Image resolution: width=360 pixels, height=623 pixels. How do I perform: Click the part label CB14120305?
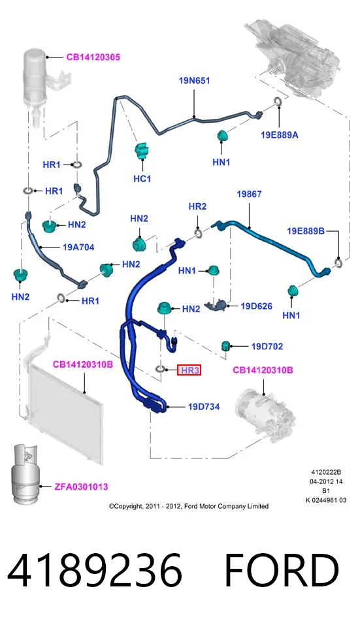93,57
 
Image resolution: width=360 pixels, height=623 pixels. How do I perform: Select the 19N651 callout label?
194,81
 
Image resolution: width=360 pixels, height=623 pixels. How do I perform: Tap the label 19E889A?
280,135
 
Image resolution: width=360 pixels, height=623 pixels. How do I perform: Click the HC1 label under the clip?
142,179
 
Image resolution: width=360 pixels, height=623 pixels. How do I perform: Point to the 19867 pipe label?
249,194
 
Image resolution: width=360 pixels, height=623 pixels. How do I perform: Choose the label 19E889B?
306,231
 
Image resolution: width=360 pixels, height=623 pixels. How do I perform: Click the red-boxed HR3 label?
189,370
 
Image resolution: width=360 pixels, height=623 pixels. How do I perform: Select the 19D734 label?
204,406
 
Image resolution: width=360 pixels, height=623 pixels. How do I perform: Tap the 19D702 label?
267,347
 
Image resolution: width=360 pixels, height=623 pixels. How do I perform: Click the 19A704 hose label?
78,247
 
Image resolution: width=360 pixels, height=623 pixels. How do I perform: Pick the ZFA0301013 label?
81,487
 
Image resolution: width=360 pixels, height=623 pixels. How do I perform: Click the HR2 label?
197,206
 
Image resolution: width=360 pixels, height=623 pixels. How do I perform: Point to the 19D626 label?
256,306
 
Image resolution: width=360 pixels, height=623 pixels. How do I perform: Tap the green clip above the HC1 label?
141,152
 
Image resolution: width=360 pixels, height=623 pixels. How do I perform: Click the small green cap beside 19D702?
226,345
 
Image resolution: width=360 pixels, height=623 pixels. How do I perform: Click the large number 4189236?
95,571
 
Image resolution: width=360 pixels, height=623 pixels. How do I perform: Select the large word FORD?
282,571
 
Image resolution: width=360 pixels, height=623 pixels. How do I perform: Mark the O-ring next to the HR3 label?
160,369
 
